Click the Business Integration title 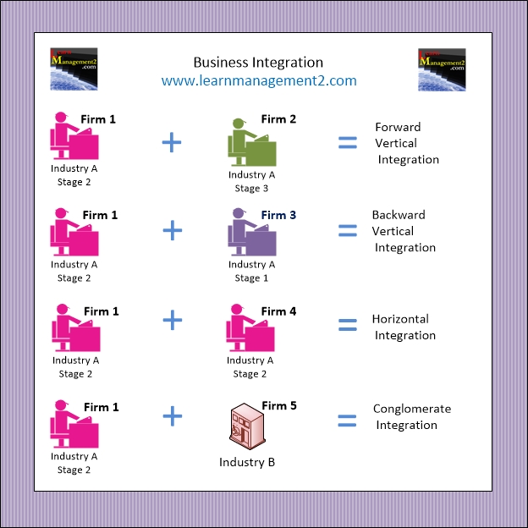click(x=258, y=63)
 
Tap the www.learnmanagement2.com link click(x=259, y=81)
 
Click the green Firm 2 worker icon click(x=252, y=142)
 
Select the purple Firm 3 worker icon click(x=252, y=232)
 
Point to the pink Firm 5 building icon click(x=247, y=426)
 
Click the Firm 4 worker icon click(x=250, y=327)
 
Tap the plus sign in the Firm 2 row click(x=172, y=142)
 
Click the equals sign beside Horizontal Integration click(x=348, y=325)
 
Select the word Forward click(x=398, y=127)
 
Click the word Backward click(x=399, y=215)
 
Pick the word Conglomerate click(x=412, y=410)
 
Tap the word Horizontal click(x=400, y=319)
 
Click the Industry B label click(x=247, y=462)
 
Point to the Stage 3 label click(x=251, y=189)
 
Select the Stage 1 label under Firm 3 click(x=251, y=278)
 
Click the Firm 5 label click(x=279, y=406)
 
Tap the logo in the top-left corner click(x=74, y=69)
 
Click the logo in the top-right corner click(x=442, y=69)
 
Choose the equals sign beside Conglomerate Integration click(x=347, y=421)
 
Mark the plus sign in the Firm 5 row click(x=173, y=415)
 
